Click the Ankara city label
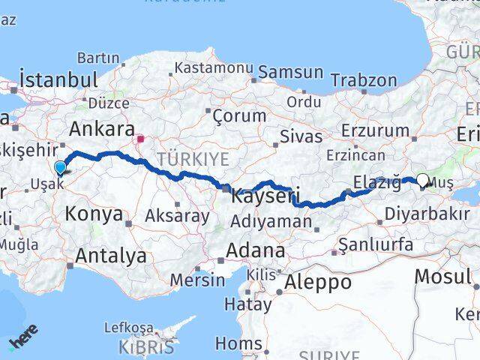tap(100, 128)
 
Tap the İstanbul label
tap(59, 79)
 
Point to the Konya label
tap(94, 214)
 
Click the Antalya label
tap(111, 256)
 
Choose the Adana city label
tap(258, 250)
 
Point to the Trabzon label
tap(364, 79)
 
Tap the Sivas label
tap(301, 136)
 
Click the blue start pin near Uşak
tap(60, 168)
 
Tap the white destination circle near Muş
tap(422, 180)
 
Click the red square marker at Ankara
tap(140, 138)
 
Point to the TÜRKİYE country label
tap(193, 158)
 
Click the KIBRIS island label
tap(146, 347)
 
